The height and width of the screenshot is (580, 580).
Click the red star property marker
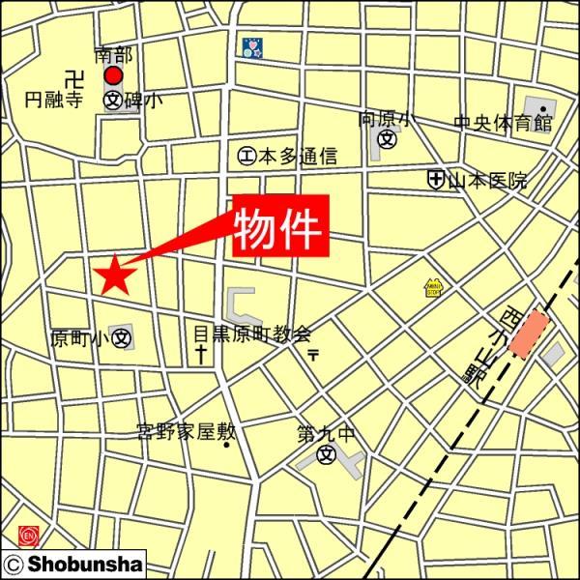pyautogui.click(x=115, y=275)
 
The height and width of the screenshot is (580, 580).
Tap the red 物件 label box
pyautogui.click(x=279, y=225)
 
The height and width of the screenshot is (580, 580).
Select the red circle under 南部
pyautogui.click(x=115, y=75)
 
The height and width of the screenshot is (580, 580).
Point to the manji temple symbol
pyautogui.click(x=72, y=76)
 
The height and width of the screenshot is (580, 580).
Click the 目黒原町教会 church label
pyautogui.click(x=250, y=333)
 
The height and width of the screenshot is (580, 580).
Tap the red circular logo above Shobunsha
pyautogui.click(x=27, y=534)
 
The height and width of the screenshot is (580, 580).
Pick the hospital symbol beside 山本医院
pyautogui.click(x=436, y=180)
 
